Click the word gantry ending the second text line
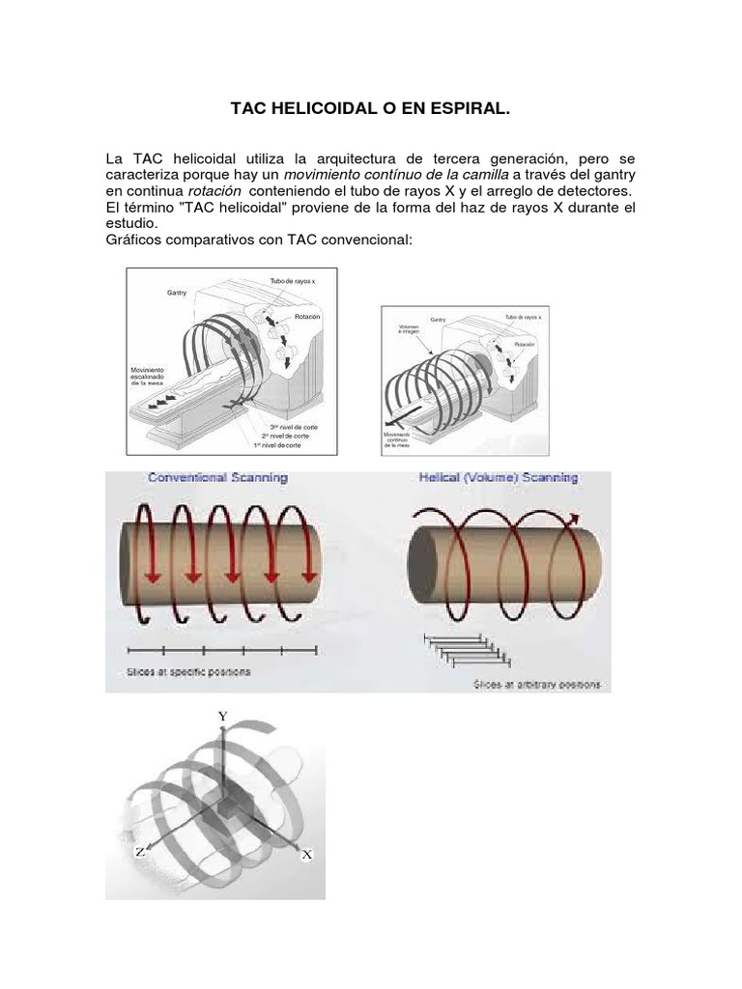[x=609, y=174]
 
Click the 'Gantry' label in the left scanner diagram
[x=177, y=292]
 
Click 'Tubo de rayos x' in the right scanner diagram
[x=523, y=317]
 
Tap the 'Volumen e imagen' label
[x=410, y=329]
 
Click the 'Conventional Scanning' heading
[x=217, y=477]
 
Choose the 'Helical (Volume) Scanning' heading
[x=498, y=477]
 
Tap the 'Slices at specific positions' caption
[x=188, y=671]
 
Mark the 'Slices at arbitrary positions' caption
[x=536, y=685]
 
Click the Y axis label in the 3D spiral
[x=223, y=717]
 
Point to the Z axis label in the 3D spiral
[x=140, y=852]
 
